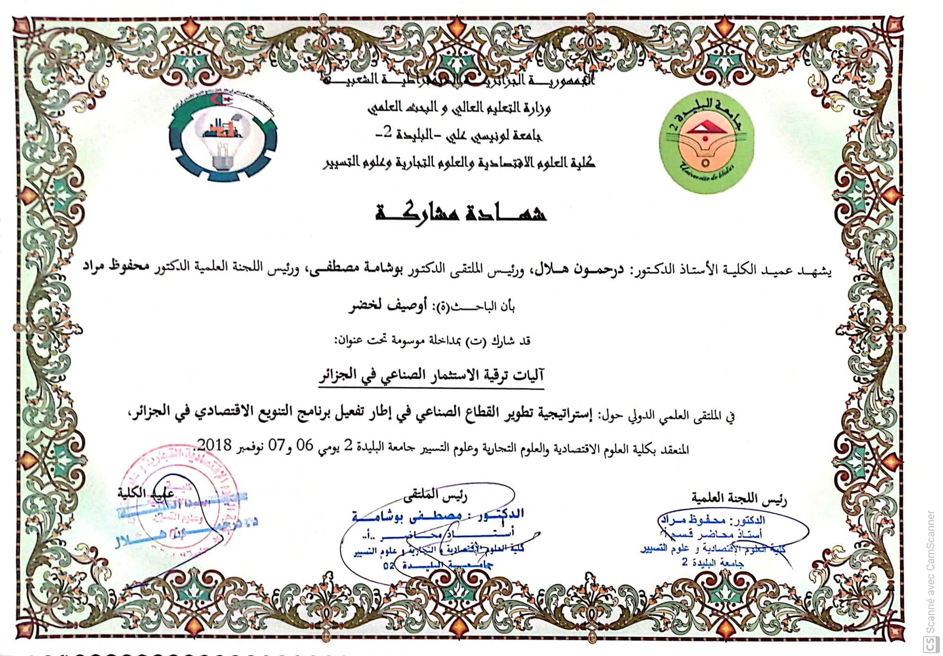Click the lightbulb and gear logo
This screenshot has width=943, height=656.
point(223,138)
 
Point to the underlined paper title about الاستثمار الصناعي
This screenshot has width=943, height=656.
point(431,376)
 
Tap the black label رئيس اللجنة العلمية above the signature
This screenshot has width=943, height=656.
point(739,498)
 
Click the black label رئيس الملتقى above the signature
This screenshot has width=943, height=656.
point(435,495)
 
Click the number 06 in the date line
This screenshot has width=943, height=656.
point(304,446)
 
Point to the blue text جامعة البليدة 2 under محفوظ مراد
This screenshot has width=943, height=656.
point(713,563)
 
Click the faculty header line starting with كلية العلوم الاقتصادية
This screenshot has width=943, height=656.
point(459,163)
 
